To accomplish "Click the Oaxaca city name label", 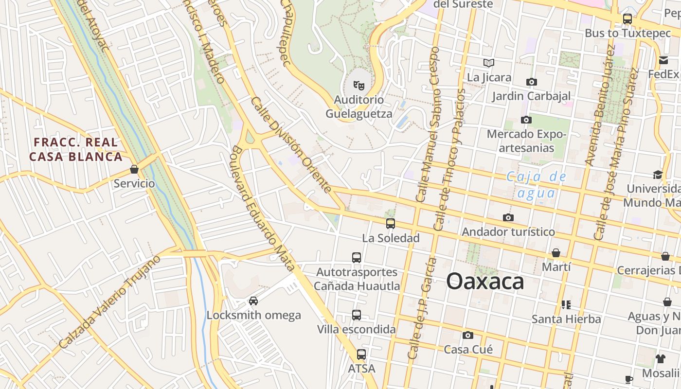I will (x=485, y=282).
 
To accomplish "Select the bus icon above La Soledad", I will (x=390, y=224).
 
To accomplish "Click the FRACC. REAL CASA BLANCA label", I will (x=75, y=149).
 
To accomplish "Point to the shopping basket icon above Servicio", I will (x=134, y=170).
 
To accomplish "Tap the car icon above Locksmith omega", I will (x=253, y=301).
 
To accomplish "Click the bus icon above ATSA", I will (x=361, y=354).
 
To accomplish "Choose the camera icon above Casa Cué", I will (x=468, y=335).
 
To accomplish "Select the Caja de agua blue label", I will (x=537, y=185).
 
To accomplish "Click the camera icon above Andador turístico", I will (x=508, y=217).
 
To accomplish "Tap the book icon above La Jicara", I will (x=489, y=63).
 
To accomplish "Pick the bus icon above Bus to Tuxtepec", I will (x=627, y=19).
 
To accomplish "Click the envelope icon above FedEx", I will (x=663, y=60).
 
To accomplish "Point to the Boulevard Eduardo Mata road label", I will (x=263, y=208).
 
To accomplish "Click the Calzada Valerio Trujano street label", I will (x=109, y=302).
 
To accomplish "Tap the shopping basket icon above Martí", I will (x=556, y=253).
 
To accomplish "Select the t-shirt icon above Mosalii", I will (x=660, y=359).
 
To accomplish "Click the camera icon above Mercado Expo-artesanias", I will (x=526, y=120).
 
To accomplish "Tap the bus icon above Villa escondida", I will (x=357, y=315).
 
